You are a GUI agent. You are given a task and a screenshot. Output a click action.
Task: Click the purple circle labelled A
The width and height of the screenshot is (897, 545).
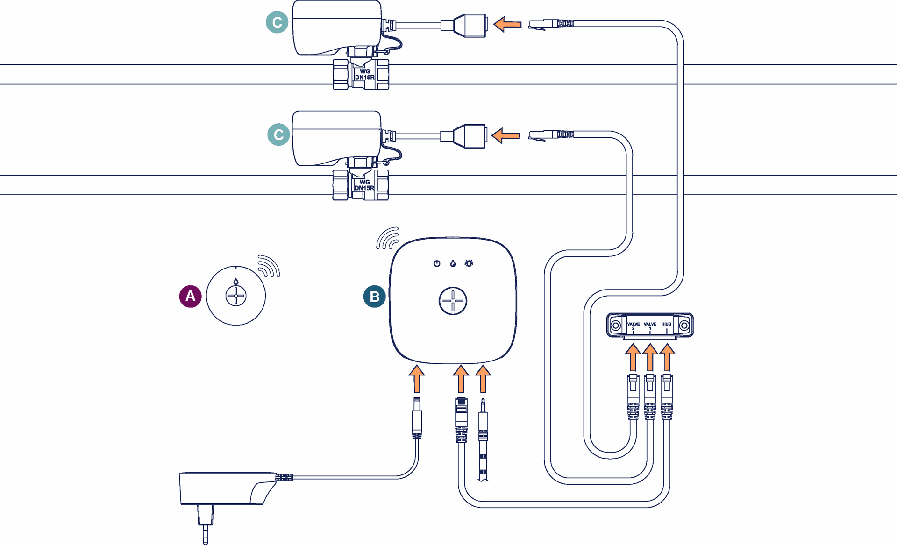coord(190,296)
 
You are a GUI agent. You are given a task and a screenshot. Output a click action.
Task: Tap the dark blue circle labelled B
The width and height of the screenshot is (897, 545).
coord(375,297)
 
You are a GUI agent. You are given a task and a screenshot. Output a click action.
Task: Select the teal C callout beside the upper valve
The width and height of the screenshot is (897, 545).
coord(277,22)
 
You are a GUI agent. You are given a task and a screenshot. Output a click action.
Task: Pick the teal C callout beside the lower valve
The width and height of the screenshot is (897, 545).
coord(278,134)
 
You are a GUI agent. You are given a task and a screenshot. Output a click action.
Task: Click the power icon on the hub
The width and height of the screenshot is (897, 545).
coord(437,263)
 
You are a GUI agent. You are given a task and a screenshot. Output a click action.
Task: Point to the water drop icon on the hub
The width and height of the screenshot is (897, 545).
coord(453,263)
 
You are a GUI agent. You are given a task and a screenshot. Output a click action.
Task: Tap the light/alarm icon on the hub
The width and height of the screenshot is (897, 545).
coord(469,263)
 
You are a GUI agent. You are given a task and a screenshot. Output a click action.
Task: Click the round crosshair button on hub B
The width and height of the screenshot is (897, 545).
coord(453,301)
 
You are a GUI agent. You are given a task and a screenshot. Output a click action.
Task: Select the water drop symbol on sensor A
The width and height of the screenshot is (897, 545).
coord(236,281)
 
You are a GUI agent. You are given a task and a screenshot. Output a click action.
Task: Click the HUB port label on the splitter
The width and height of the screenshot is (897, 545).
coord(667,324)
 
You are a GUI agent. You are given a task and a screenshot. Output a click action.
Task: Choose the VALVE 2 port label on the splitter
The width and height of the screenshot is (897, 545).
coord(634,326)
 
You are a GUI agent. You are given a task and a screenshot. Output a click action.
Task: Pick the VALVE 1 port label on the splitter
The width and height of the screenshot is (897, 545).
coord(650,326)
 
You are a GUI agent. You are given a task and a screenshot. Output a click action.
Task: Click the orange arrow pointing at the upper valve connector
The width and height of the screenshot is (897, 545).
coord(507,24)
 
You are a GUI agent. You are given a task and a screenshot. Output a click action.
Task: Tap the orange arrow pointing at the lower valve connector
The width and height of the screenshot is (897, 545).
coord(506,135)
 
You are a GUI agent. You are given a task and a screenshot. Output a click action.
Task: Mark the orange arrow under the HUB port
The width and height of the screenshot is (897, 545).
coord(667,357)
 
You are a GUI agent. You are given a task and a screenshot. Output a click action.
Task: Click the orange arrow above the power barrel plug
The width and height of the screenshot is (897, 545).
coord(417,379)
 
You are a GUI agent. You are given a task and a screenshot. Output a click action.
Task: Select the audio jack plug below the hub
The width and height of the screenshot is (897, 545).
coord(483,439)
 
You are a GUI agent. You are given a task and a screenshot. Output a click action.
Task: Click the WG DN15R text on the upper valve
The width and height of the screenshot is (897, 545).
coord(365,74)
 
